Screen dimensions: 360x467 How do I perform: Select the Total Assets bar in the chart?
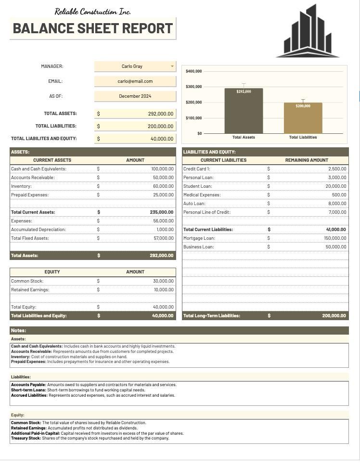[244, 111]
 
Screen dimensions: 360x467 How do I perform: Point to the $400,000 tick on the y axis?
[193, 71]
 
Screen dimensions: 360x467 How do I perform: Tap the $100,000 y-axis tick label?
[193, 118]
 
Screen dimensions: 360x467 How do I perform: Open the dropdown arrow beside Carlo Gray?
[172, 66]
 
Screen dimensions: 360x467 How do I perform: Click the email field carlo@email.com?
[135, 81]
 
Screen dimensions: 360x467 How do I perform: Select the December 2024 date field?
[135, 96]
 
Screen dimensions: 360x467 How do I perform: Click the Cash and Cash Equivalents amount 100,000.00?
[162, 169]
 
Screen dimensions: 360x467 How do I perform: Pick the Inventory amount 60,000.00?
[163, 186]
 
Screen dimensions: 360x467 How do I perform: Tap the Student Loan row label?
[197, 186]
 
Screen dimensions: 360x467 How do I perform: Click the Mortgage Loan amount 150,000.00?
[335, 238]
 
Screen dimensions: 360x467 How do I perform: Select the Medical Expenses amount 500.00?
[339, 195]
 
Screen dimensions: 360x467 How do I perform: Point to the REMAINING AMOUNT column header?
[307, 160]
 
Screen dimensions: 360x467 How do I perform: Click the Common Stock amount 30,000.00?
[164, 281]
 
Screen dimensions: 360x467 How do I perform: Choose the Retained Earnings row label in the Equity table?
[30, 290]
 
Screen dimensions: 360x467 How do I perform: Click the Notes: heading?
[19, 331]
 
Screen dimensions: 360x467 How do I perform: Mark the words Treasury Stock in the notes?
[26, 439]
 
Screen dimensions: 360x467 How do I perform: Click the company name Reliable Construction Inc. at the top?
[92, 12]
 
